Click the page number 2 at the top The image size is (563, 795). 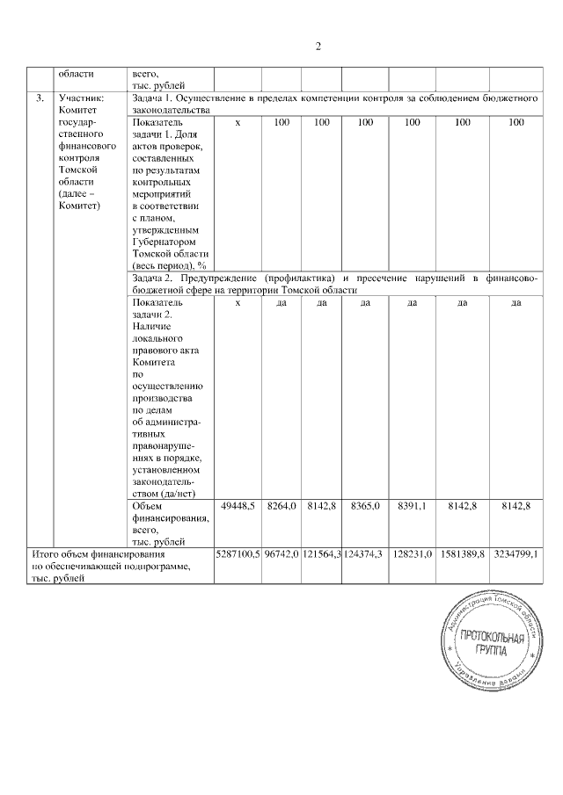pos(319,47)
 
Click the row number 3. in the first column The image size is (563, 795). pos(40,98)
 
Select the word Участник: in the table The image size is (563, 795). pos(81,98)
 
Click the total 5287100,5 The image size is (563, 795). pos(238,555)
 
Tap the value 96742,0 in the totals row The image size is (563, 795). pos(281,555)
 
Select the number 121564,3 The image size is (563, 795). pos(322,555)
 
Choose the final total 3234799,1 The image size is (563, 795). pos(516,555)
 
